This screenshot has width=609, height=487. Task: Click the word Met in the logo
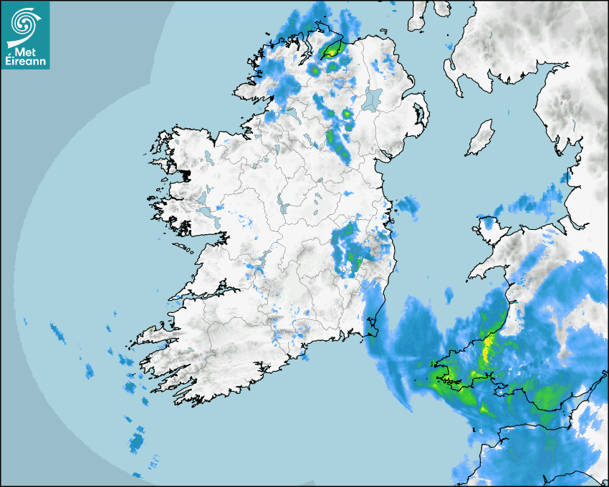[26, 52]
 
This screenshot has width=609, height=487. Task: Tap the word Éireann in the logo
[25, 62]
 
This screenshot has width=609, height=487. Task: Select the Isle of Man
[480, 138]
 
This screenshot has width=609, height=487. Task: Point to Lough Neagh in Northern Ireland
[373, 99]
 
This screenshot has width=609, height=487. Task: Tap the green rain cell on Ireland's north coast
[332, 49]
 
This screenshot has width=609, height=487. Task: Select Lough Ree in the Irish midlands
[284, 208]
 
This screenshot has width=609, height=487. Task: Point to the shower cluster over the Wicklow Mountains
[351, 251]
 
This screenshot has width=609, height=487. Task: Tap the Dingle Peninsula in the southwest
[147, 336]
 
